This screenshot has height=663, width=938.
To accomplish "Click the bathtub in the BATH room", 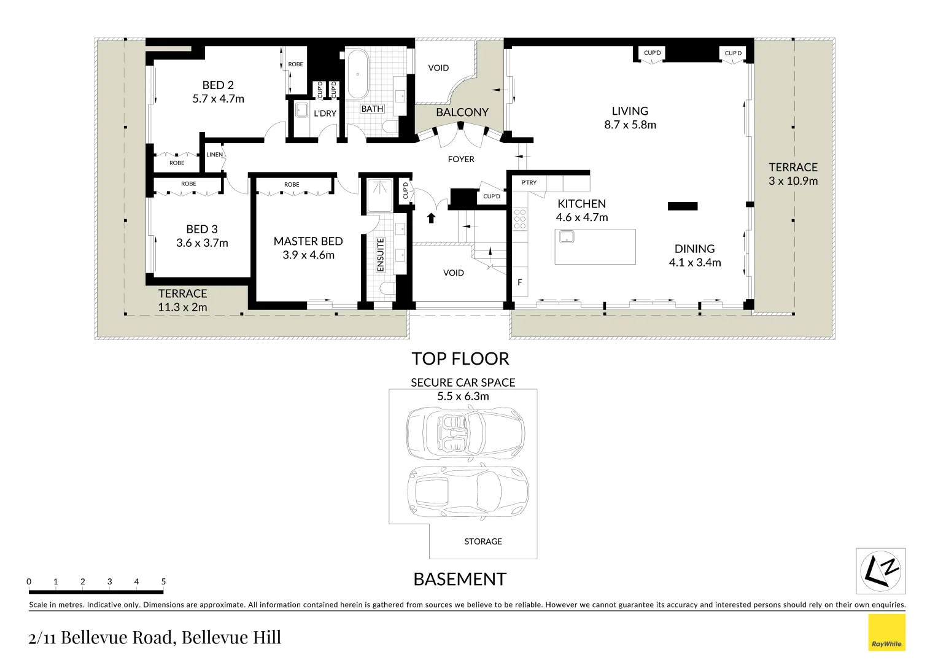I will coord(357,74).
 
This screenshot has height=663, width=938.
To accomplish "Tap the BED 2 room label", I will coord(218,85).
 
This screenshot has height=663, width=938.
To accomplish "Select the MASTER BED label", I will coord(308,241).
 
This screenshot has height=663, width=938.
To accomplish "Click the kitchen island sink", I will coord(566,236).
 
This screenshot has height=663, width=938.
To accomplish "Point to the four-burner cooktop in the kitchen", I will coord(520,219).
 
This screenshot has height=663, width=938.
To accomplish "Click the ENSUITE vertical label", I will coord(380,255).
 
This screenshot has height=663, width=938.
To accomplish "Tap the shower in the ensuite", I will coord(380,196).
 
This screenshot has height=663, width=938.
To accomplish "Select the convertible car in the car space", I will coord(465,433).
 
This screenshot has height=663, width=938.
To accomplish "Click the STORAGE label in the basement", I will coord(483,541).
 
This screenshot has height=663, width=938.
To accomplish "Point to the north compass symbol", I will coord(880,572).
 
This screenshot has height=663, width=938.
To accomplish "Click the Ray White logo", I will coord(886,632).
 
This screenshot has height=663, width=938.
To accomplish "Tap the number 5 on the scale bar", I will coord(163,581).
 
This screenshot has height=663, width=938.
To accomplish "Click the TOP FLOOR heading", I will coord(460,359).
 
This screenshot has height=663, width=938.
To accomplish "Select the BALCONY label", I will coord(462,112).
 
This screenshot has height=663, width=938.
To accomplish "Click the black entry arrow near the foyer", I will coord(431,217).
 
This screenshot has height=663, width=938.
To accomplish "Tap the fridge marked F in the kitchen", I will coord(520,282).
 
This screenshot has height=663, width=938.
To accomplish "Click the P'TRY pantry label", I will coord(529,182).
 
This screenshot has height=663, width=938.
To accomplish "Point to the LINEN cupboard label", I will coord(214,155).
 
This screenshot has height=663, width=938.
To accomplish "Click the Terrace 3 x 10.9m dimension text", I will coord(793,181).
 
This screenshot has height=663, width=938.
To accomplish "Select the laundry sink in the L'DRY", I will coord(301,110).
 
